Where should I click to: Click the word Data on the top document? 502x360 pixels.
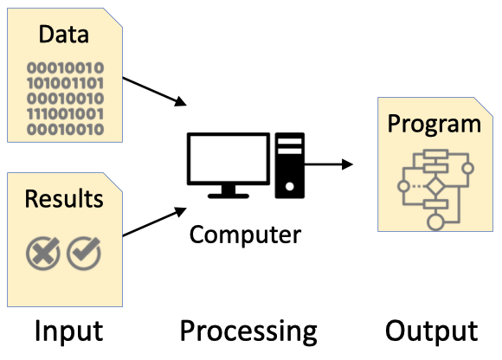[64, 34]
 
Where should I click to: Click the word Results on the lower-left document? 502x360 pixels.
[64, 199]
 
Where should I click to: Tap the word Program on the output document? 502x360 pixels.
[434, 124]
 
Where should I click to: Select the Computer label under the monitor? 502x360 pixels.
[245, 235]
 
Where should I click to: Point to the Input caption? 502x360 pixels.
[69, 331]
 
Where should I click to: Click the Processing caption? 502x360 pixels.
[248, 331]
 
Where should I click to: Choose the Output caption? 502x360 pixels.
[432, 331]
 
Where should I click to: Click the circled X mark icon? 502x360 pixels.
[43, 254]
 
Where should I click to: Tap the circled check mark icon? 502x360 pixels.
[84, 254]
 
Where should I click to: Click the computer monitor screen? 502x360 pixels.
[228, 158]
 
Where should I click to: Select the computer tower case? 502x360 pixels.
[290, 165]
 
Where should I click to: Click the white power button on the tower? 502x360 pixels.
[290, 186]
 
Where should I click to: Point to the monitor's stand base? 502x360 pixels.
[228, 196]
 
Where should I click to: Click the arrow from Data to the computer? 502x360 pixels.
[155, 92]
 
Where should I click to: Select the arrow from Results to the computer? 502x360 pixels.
[155, 222]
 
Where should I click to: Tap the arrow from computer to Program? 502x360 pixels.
[329, 164]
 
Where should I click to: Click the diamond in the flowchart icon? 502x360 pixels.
[435, 186]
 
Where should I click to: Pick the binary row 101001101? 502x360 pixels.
[65, 84]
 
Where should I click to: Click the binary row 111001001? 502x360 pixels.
[65, 114]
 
